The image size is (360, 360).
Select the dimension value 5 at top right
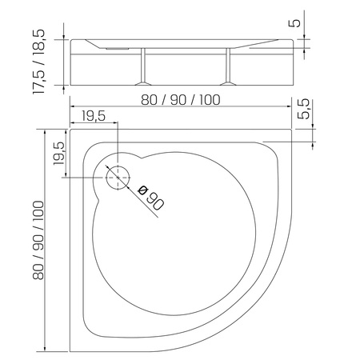tap(297, 22)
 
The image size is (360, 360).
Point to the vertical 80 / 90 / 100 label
tap(38, 239)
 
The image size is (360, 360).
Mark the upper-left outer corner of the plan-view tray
tap(70, 131)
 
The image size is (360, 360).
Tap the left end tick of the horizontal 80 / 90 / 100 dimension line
tap(70, 108)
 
